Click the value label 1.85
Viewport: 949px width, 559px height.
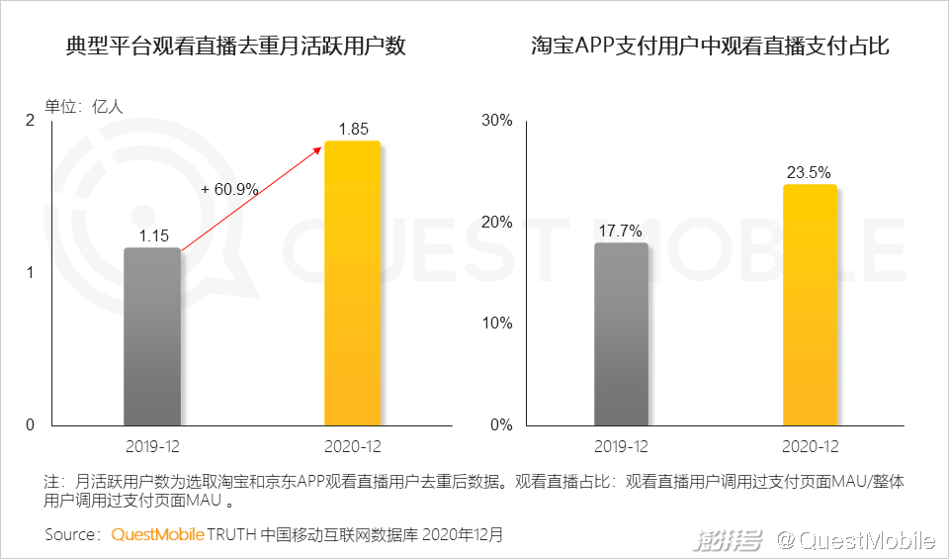click(x=353, y=129)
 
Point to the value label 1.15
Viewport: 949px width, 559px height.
click(x=153, y=235)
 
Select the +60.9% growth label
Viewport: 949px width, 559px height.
click(x=229, y=189)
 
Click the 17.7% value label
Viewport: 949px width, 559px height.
click(x=621, y=231)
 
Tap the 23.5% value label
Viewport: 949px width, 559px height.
click(x=809, y=172)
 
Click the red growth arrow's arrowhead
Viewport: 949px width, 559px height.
click(x=319, y=147)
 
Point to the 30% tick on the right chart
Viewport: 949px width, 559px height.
click(x=495, y=121)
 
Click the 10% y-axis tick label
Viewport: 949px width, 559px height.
click(x=496, y=324)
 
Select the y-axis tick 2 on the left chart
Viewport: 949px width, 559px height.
click(x=29, y=121)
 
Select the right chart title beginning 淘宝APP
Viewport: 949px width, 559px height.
click(x=711, y=47)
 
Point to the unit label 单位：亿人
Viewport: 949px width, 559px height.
click(x=83, y=106)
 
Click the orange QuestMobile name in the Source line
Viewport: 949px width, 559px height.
click(x=157, y=534)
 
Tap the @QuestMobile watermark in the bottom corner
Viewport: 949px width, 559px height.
click(x=855, y=540)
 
